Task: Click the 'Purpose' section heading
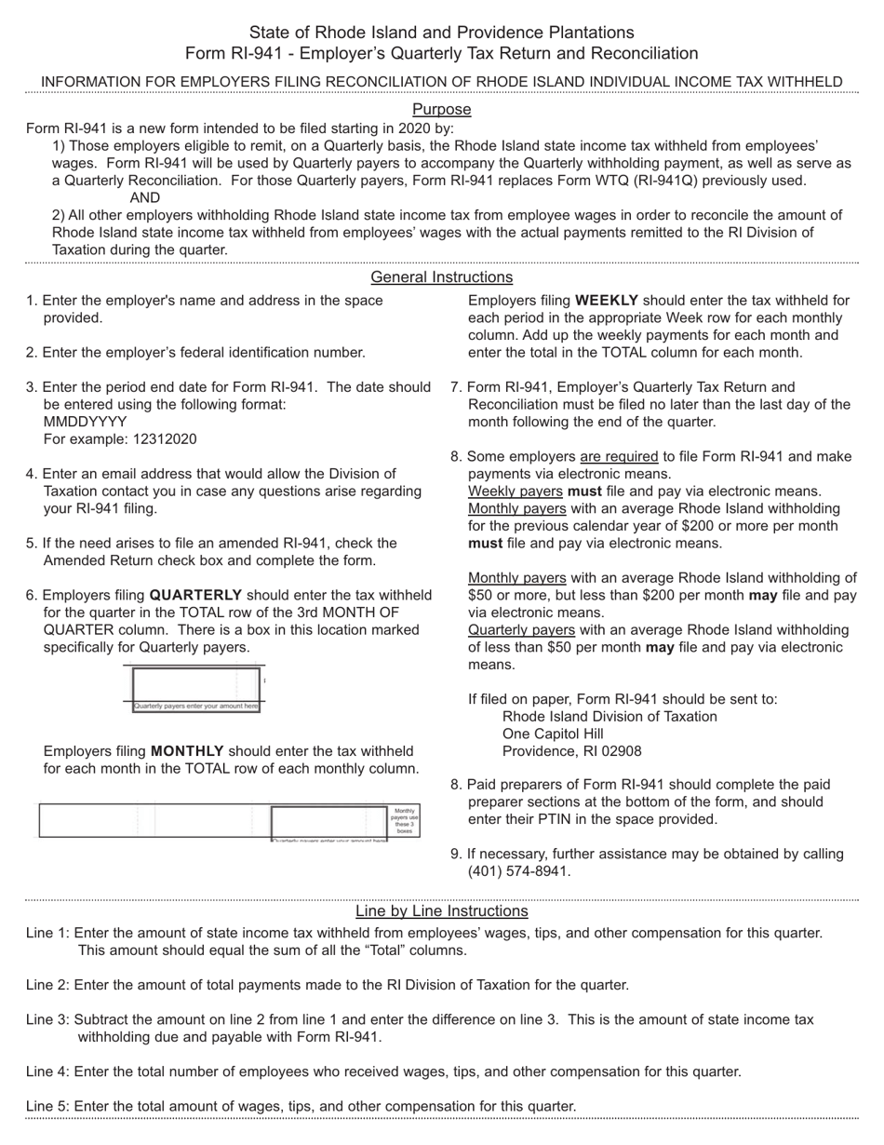pyautogui.click(x=441, y=110)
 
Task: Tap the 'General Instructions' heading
pyautogui.click(x=441, y=277)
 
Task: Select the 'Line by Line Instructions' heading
pyautogui.click(x=441, y=911)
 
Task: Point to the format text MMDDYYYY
pyautogui.click(x=85, y=422)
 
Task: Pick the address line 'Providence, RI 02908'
pyautogui.click(x=571, y=751)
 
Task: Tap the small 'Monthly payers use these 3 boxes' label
pyautogui.click(x=404, y=820)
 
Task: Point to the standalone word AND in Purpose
pyautogui.click(x=144, y=198)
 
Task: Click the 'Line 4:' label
pyautogui.click(x=47, y=1072)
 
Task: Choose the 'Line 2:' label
pyautogui.click(x=47, y=985)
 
